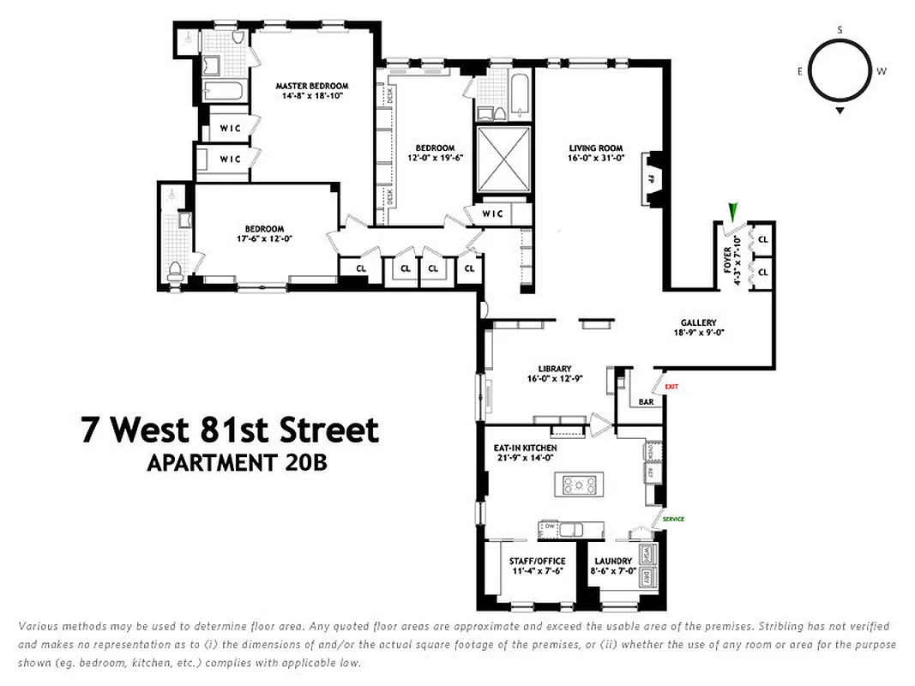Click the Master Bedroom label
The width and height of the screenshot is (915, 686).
311,86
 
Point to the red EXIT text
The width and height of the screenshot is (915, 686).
671,387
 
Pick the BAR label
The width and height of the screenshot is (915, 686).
646,400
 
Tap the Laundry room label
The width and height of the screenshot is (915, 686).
612,562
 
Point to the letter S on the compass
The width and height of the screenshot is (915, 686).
840,31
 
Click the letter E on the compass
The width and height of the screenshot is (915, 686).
800,71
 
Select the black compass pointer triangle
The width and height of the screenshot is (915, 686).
840,111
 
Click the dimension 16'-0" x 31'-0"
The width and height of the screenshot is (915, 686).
594,159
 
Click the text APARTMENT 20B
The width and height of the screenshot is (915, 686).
238,462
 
